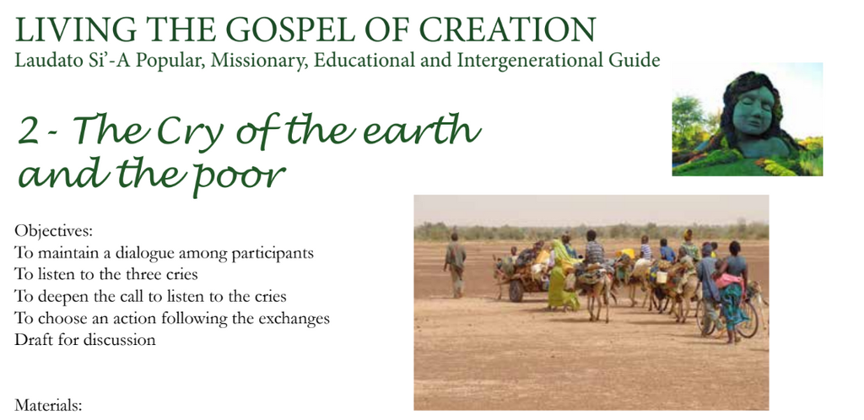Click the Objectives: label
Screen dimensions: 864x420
[x=50, y=230]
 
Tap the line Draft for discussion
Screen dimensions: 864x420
[x=85, y=340]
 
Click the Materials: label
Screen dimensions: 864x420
[x=48, y=407]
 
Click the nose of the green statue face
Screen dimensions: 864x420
[x=751, y=110]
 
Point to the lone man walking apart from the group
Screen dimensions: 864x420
[x=455, y=266]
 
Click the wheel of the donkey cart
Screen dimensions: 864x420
[x=516, y=290]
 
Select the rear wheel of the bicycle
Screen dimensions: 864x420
[x=748, y=319]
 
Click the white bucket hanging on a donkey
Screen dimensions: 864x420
[x=661, y=277]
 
